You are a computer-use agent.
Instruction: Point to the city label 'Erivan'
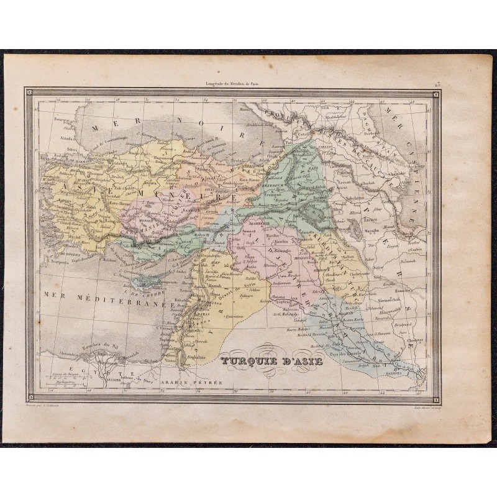tap(352, 175)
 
